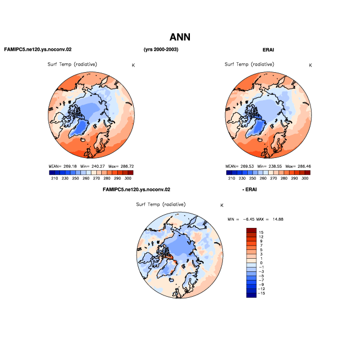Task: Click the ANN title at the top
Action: pos(180,37)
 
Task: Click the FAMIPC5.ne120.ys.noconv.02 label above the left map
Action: pos(38,50)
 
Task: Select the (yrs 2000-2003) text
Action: pos(161,50)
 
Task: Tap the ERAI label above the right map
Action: pos(268,50)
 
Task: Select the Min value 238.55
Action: pos(275,166)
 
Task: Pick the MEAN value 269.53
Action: pos(247,166)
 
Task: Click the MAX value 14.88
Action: pos(278,219)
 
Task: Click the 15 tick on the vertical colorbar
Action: pos(261,232)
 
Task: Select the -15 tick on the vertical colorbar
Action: pos(261,293)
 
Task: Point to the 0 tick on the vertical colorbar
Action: pos(261,263)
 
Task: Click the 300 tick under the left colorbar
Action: pos(128,178)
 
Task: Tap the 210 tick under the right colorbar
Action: pos(232,178)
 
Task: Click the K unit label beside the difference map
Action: pos(222,205)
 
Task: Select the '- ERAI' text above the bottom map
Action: pos(249,189)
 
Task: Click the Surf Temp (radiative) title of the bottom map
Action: pos(161,204)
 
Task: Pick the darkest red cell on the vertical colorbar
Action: pos(252,230)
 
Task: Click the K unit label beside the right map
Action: pos(310,65)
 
